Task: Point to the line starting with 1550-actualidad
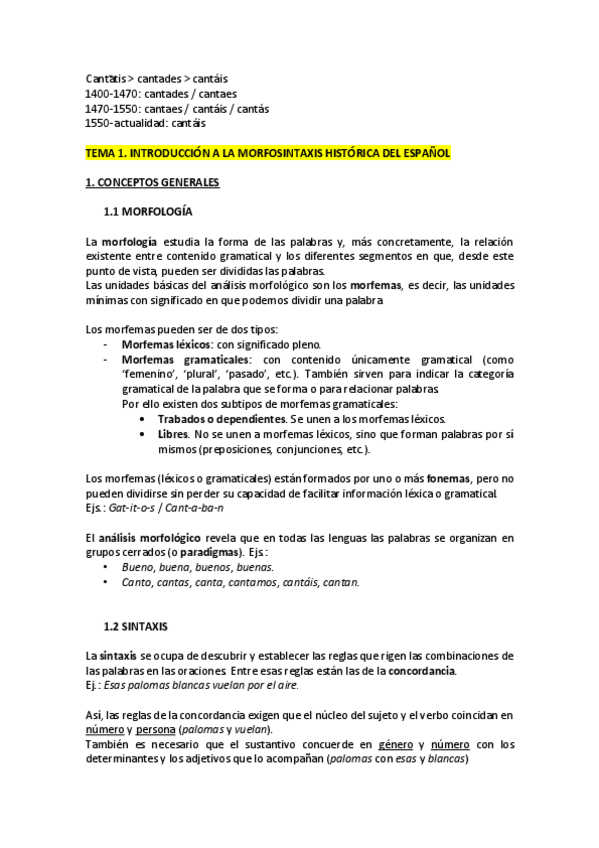146,123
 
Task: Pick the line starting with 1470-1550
177,108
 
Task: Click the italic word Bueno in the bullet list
138,567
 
